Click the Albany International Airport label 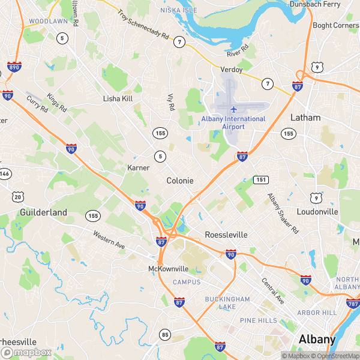233,122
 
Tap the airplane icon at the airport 233,109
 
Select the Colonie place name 179,180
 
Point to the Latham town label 305,118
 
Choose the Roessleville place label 226,235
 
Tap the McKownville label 169,269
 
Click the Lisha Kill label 118,98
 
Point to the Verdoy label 232,70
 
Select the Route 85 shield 165,334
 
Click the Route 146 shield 5,174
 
